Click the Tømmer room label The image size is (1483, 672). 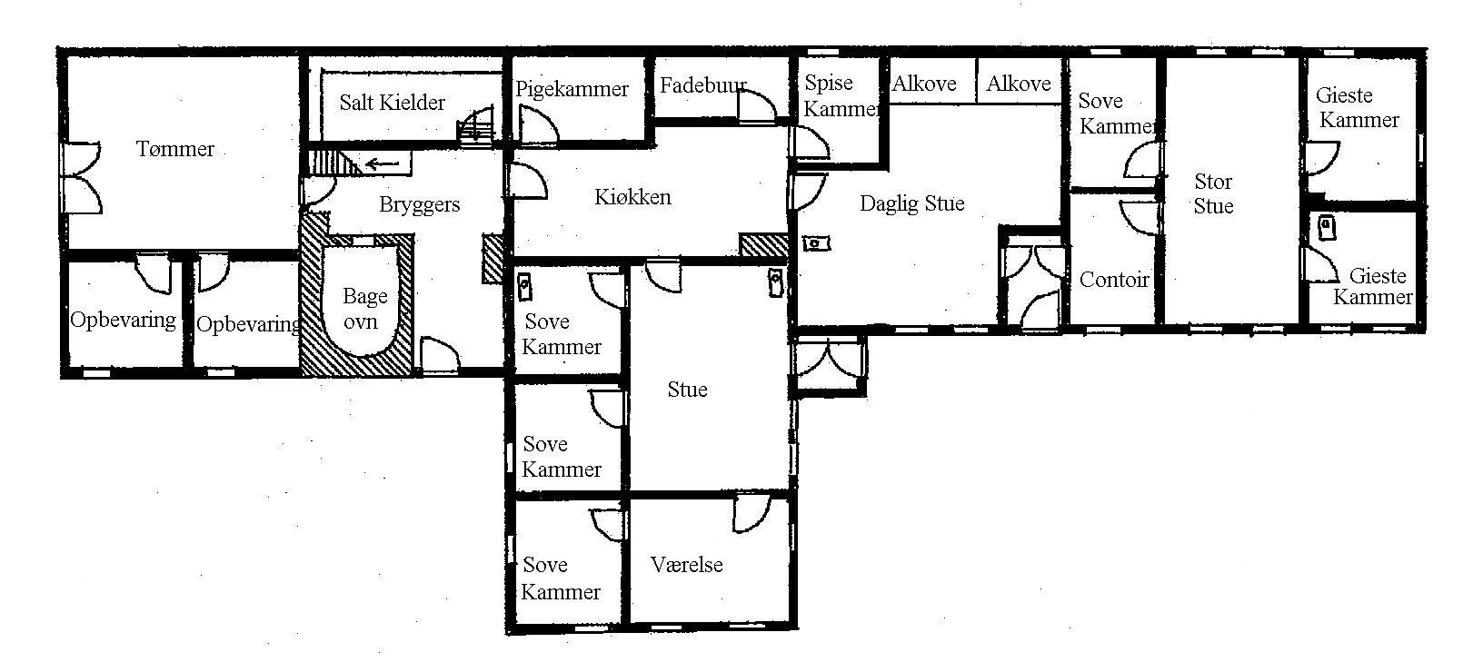[174, 149]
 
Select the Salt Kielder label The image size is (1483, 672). [392, 103]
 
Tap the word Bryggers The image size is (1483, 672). [419, 204]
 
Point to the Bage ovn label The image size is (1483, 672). [363, 309]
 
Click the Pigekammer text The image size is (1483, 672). [572, 89]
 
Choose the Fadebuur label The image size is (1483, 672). [703, 85]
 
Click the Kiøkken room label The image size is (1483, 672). [632, 197]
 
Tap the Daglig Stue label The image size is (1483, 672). [911, 203]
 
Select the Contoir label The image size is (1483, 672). [1113, 280]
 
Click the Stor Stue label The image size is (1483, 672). [1213, 193]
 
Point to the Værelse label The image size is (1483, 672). [687, 565]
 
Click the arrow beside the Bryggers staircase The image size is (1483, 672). [382, 163]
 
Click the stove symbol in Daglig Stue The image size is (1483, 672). [816, 244]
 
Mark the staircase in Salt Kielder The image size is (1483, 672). [475, 125]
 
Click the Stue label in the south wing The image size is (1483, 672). [687, 390]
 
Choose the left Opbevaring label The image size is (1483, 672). [124, 321]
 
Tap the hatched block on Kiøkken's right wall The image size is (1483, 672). [764, 244]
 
